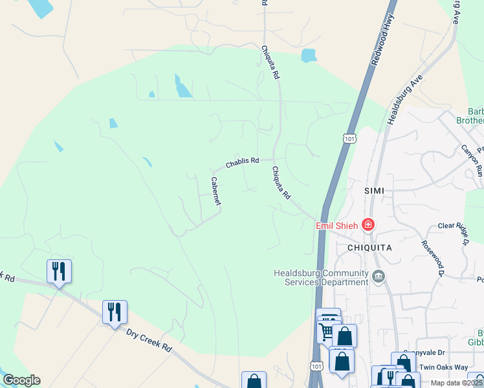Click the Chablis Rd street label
tap(242, 161)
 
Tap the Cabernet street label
tap(215, 191)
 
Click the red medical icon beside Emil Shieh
tap(368, 225)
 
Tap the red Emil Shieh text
tap(337, 226)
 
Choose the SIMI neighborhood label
tap(374, 190)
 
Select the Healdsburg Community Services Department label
tap(321, 277)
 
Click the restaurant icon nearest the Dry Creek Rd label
tap(115, 312)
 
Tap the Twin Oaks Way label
tap(443, 367)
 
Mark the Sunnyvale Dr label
tap(432, 353)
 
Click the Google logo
tap(21, 380)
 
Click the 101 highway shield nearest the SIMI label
tap(349, 138)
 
